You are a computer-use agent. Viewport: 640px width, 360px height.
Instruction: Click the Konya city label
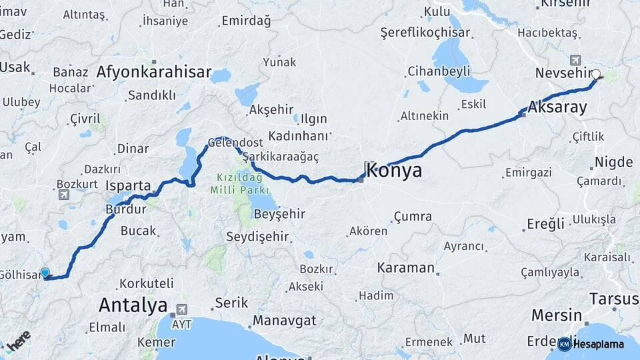pos(393,170)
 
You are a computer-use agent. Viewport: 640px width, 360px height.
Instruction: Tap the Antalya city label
pos(133,306)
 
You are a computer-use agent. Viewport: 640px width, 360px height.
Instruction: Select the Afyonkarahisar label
pos(153,72)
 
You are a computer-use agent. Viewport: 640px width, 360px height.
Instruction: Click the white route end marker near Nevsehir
pos(596,75)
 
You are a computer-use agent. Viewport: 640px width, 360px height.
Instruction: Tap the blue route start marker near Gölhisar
pos(45,273)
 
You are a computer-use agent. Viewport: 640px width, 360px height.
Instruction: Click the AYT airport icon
pos(180,311)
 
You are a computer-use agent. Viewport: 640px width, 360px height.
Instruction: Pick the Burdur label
pos(125,209)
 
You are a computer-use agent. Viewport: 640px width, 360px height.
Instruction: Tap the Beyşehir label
pos(279,214)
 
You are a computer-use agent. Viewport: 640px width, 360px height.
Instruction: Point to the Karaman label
pos(405,268)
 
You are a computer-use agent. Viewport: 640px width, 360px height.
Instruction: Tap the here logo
pos(17,341)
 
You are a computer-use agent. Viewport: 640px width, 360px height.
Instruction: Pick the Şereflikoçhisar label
pos(425,32)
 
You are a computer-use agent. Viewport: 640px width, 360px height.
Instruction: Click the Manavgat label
pos(285,321)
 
